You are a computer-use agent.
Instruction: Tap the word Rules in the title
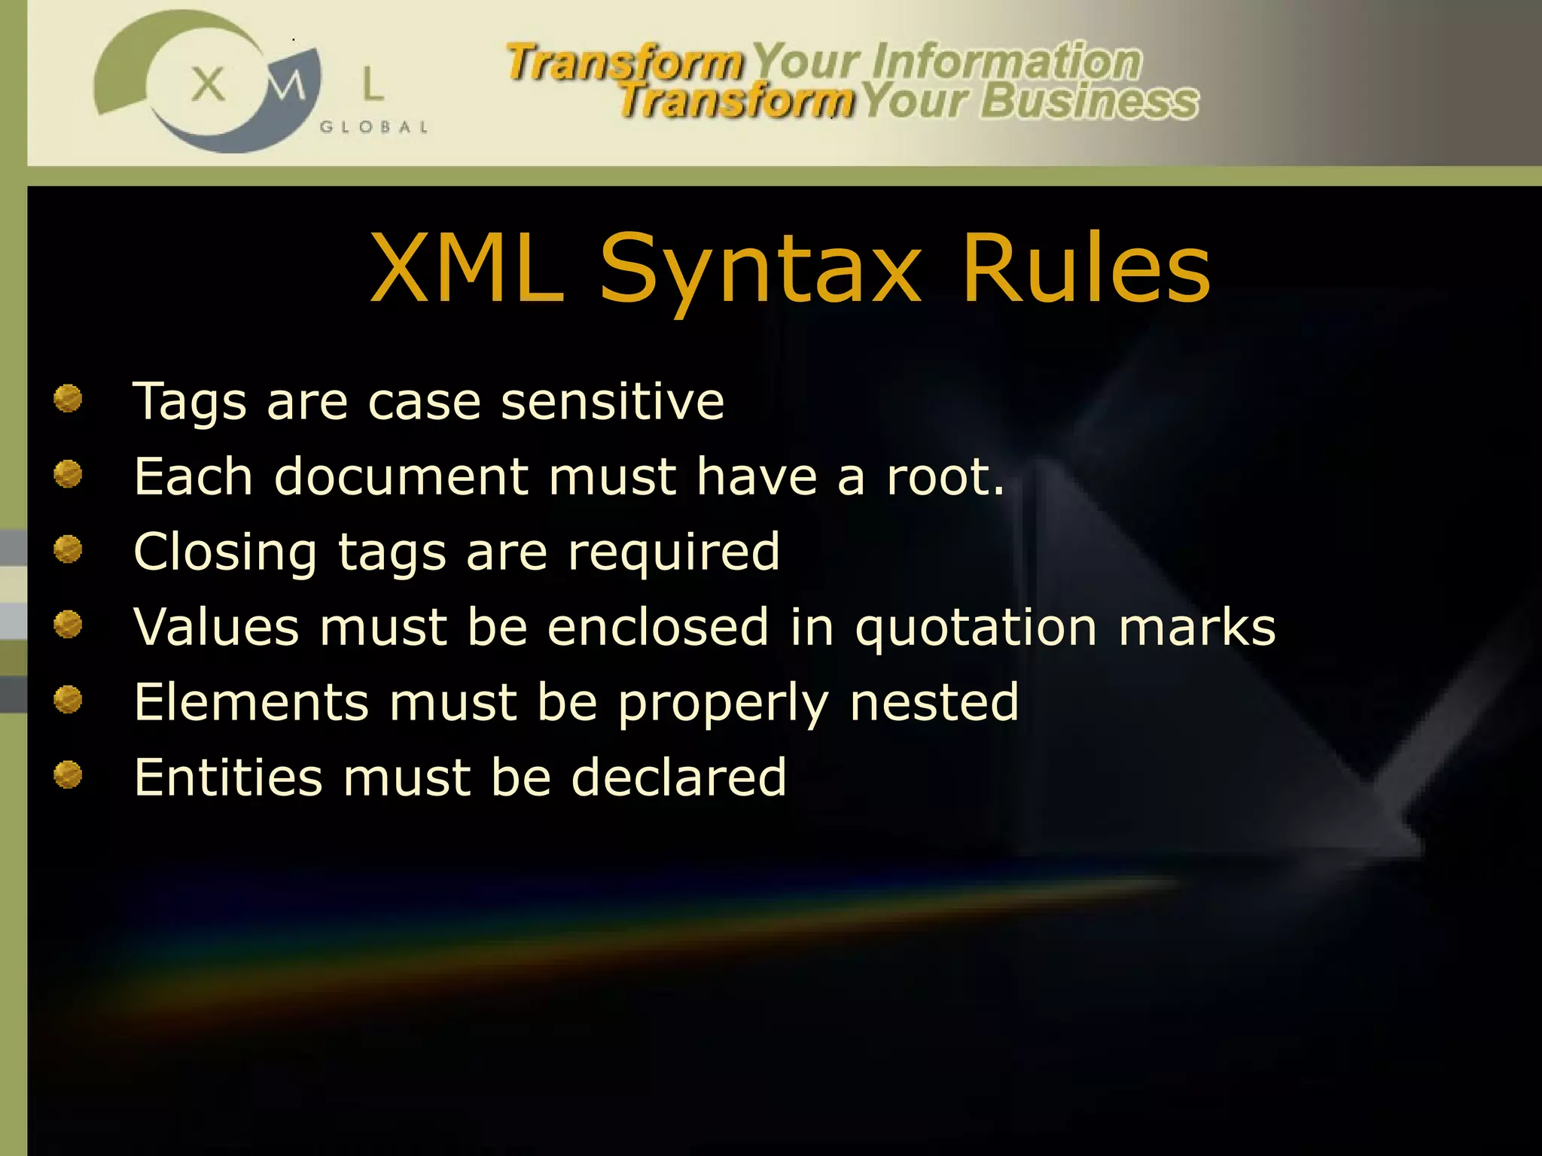pos(1086,268)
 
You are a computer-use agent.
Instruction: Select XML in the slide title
pos(468,268)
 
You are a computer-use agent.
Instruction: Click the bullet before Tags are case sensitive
pos(68,398)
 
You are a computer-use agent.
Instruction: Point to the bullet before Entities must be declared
pos(68,774)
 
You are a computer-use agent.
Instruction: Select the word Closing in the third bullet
pos(225,553)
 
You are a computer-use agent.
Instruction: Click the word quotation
pos(977,628)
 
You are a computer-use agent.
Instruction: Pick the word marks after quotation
pos(1197,627)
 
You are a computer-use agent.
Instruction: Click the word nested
pos(934,702)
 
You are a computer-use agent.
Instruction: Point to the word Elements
pos(251,702)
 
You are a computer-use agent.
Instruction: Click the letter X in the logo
pos(208,84)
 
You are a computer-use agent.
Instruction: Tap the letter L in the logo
pos(373,84)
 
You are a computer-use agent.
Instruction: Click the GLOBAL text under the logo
pos(374,127)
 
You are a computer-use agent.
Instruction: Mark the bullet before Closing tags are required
pos(68,549)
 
